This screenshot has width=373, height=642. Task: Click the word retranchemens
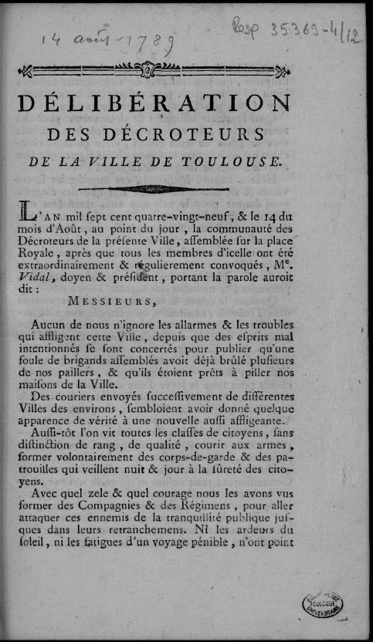click(x=167, y=537)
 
